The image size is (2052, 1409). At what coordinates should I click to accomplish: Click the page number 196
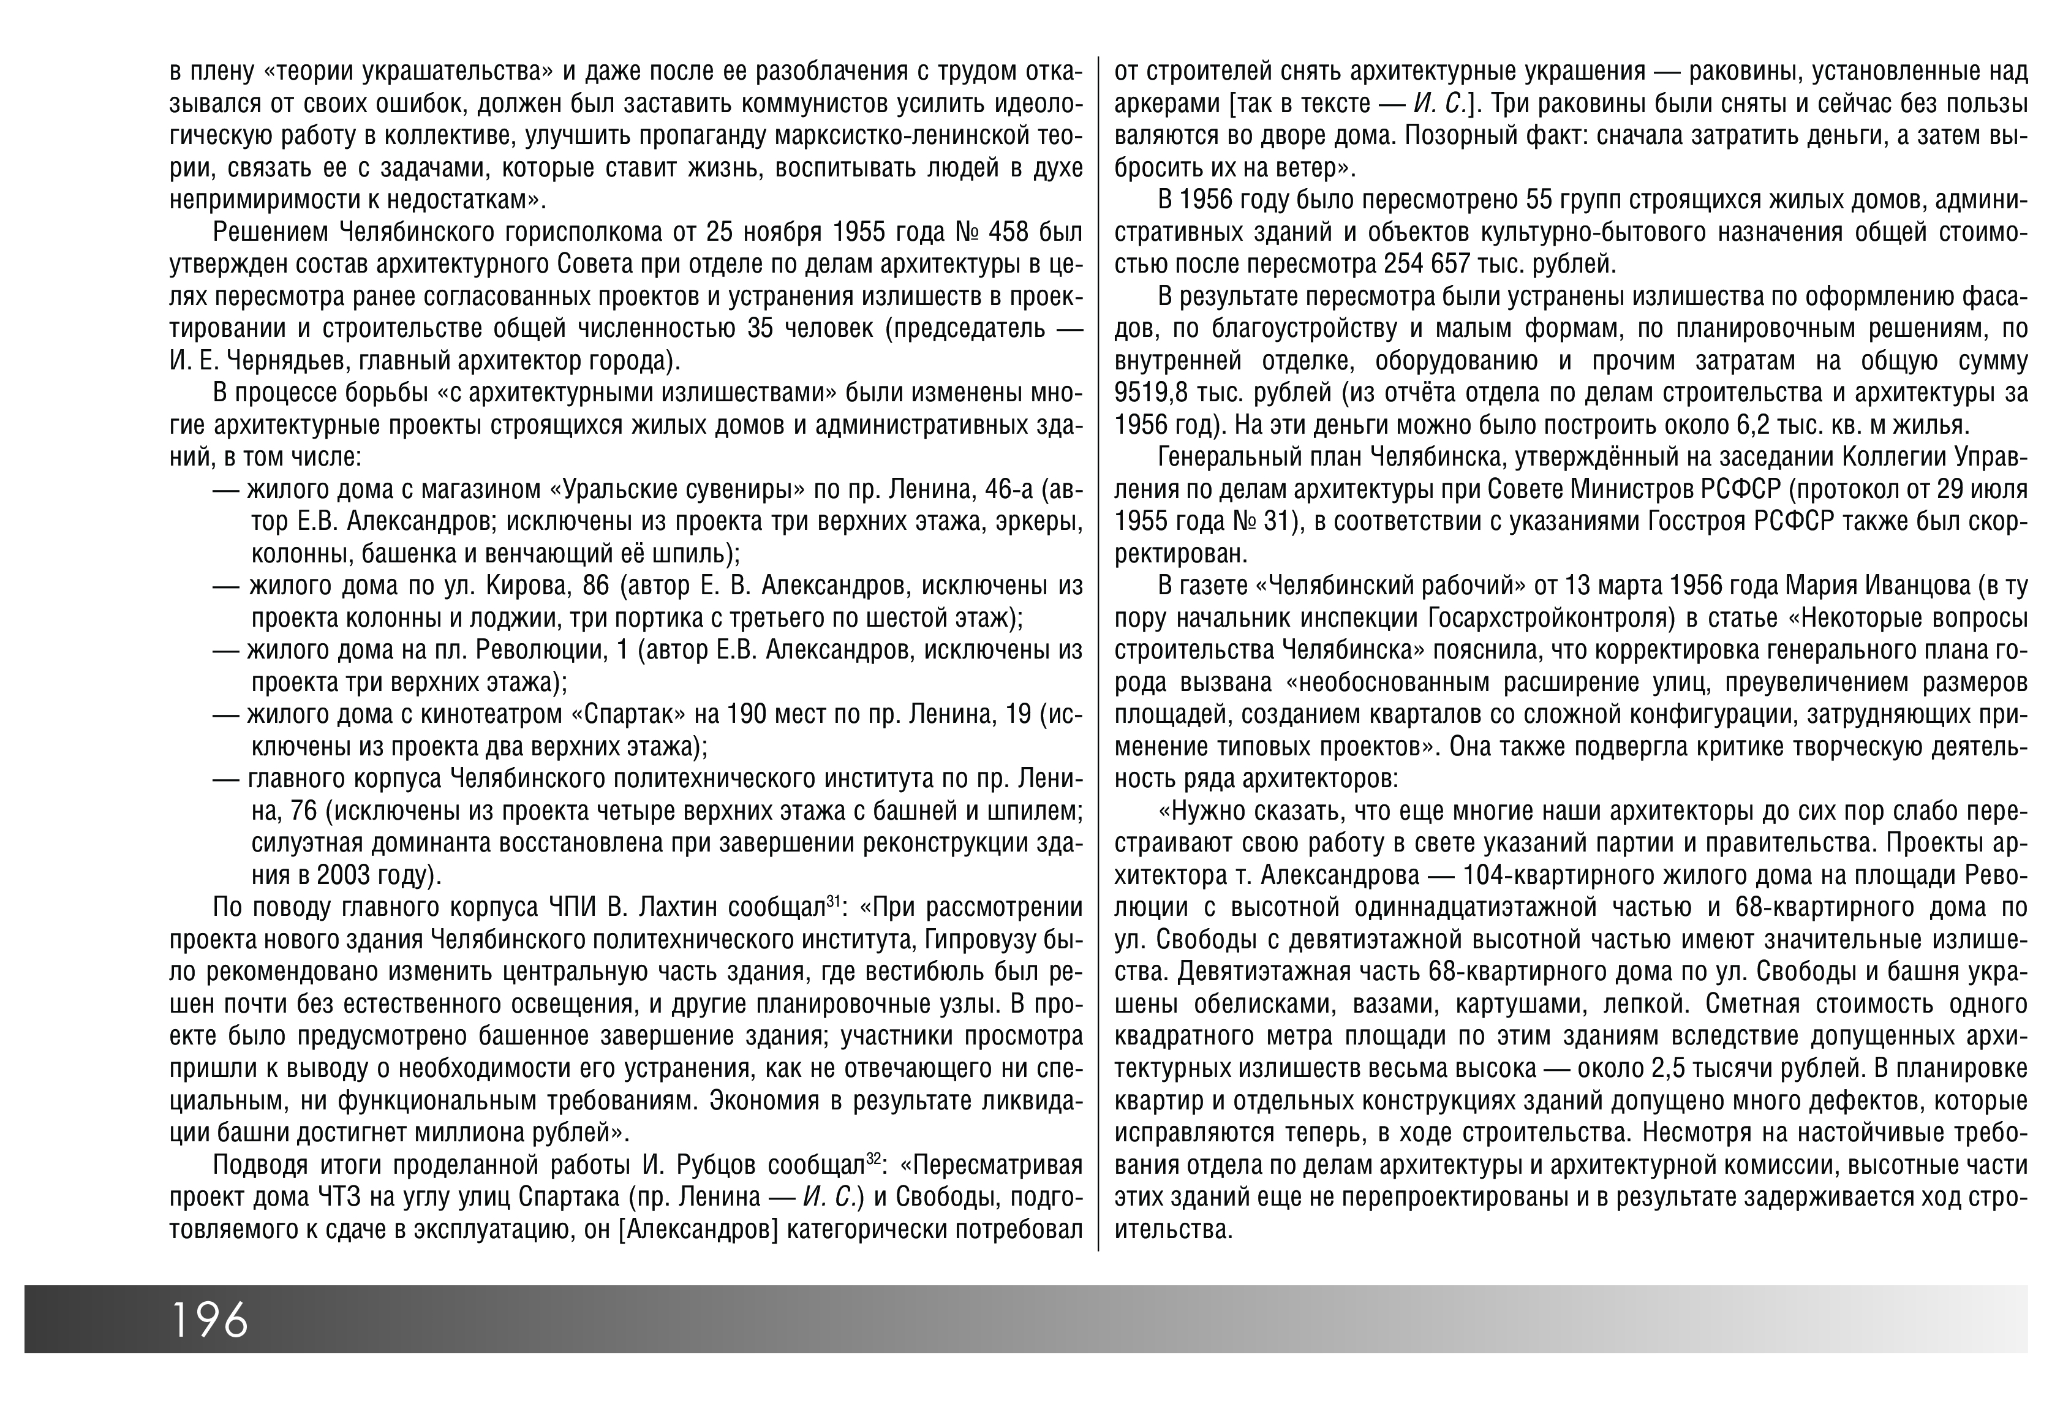[209, 1321]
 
